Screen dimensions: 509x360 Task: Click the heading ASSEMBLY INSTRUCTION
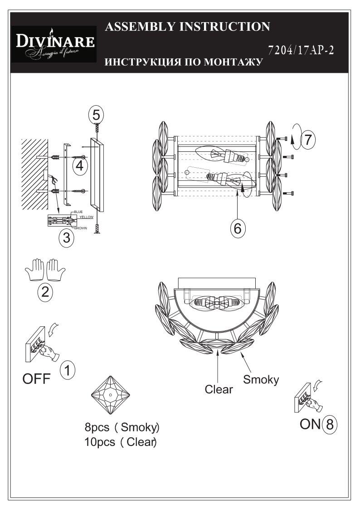[187, 27]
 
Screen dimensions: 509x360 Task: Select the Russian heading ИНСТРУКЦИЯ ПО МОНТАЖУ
[183, 62]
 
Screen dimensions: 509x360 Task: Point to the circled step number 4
[79, 166]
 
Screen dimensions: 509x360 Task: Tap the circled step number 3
[66, 238]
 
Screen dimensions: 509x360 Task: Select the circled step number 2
[44, 292]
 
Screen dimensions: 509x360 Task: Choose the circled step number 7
[308, 140]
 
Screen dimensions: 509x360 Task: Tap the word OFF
[37, 379]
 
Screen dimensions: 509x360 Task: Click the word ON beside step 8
[310, 424]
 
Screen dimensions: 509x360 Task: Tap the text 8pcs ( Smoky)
[122, 427]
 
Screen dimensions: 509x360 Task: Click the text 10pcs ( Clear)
[120, 442]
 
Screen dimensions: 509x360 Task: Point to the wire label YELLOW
[86, 218]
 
